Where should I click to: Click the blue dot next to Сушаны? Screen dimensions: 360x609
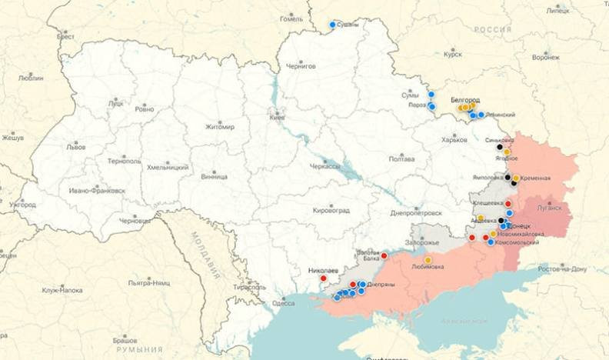tap(333, 25)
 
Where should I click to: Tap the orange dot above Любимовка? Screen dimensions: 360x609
tap(428, 260)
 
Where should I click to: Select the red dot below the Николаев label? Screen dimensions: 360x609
tap(323, 278)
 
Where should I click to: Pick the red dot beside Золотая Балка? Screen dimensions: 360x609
tap(384, 255)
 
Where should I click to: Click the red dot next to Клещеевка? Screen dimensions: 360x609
tap(508, 204)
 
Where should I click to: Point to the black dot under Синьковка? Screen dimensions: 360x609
tap(500, 147)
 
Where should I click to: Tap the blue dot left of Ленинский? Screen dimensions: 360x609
tap(481, 115)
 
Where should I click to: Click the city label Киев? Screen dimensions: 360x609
tap(277, 118)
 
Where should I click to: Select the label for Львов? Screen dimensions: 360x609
tap(76, 146)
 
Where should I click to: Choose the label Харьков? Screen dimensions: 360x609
tap(454, 140)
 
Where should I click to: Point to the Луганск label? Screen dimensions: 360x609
tap(549, 207)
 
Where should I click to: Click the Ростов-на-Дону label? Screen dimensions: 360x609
tap(561, 268)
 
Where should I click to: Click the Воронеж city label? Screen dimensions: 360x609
tap(545, 57)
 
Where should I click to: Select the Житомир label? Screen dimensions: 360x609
tap(219, 127)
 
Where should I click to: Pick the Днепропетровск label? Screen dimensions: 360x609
tap(416, 212)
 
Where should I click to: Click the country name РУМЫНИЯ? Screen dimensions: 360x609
tap(139, 349)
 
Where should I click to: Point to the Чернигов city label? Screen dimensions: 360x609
tap(301, 67)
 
